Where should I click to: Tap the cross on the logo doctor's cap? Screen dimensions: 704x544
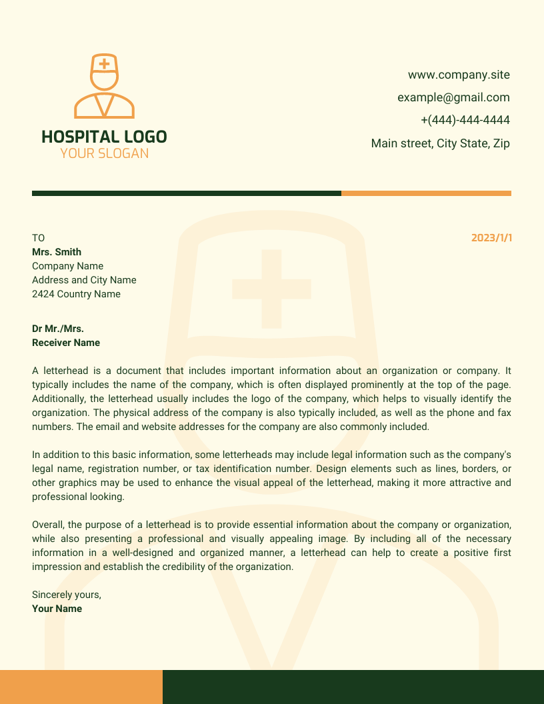click(x=104, y=65)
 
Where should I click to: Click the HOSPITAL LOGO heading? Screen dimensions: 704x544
click(x=104, y=137)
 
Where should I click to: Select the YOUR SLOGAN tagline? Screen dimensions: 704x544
click(x=104, y=153)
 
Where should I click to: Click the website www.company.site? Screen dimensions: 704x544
click(x=459, y=75)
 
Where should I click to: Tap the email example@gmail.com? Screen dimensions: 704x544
click(x=453, y=97)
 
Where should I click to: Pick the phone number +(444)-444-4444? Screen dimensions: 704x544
click(x=465, y=120)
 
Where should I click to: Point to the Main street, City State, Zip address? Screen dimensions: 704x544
click(x=440, y=143)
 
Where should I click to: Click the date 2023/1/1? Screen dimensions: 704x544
click(x=491, y=238)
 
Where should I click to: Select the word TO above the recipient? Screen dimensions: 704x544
click(x=38, y=238)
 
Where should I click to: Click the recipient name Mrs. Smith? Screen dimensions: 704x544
click(x=57, y=252)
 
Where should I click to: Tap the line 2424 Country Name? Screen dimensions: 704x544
click(x=76, y=294)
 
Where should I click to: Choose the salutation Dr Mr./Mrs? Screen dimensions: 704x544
click(x=58, y=329)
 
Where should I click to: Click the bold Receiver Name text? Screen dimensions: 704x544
click(x=66, y=343)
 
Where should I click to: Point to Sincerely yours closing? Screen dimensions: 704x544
click(x=67, y=595)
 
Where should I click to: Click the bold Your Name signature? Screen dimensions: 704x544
click(x=57, y=609)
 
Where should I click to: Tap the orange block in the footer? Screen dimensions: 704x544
click(x=81, y=687)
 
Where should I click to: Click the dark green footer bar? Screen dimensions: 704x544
click(x=353, y=687)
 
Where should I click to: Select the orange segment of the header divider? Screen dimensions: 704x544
click(x=426, y=193)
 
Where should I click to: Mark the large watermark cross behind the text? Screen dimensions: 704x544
click(x=271, y=289)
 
